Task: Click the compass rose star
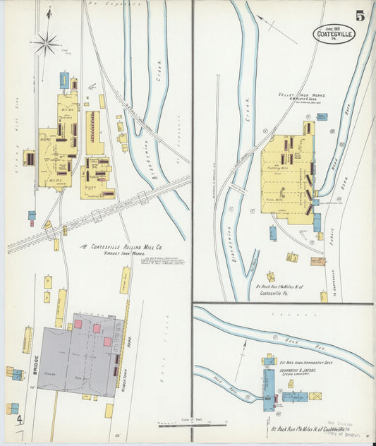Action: pos(47,44)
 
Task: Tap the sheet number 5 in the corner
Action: pos(360,16)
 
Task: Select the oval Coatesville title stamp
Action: pos(334,33)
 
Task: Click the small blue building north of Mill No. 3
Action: pos(64,79)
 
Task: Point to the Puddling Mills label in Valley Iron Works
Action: pos(281,169)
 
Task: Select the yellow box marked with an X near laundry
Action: pos(316,397)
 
